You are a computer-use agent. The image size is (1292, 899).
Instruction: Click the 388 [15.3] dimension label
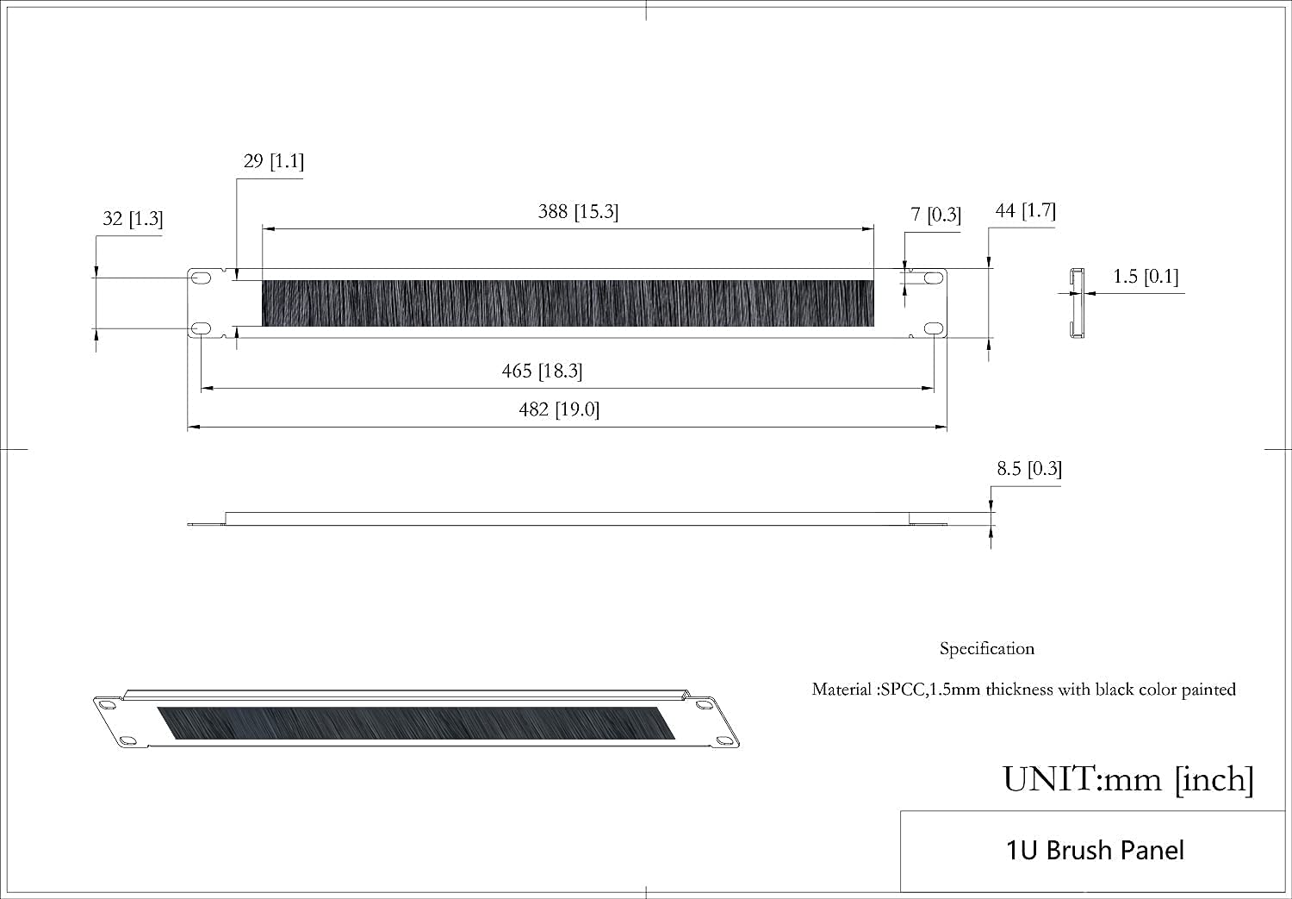coord(578,212)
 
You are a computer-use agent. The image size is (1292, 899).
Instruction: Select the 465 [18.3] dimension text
coord(542,371)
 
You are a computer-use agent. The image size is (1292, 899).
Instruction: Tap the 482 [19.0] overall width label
coord(559,409)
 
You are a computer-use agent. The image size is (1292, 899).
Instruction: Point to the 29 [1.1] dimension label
coord(273,161)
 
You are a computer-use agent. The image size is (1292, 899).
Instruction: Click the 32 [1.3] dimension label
coord(133,219)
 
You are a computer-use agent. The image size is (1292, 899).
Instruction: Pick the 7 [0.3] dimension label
coord(935,215)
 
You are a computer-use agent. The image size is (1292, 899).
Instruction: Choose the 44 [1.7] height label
coord(1025,210)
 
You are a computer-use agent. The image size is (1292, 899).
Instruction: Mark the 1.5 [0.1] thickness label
coord(1145,277)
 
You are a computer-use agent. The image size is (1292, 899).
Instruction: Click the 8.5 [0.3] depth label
coord(1028,469)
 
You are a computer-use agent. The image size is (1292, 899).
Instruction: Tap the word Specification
coord(986,649)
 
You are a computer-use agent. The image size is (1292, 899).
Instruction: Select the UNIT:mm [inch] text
coord(1127,779)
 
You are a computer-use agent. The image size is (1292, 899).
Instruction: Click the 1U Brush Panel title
coord(1095,851)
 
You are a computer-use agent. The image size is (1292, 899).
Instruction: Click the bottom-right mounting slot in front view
coord(934,328)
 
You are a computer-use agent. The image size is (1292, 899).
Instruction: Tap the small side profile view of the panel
coord(1075,303)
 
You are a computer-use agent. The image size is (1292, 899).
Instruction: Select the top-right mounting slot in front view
coord(934,278)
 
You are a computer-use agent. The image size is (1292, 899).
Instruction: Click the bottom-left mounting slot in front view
coord(201,328)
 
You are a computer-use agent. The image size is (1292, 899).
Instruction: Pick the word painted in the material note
coord(1208,690)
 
